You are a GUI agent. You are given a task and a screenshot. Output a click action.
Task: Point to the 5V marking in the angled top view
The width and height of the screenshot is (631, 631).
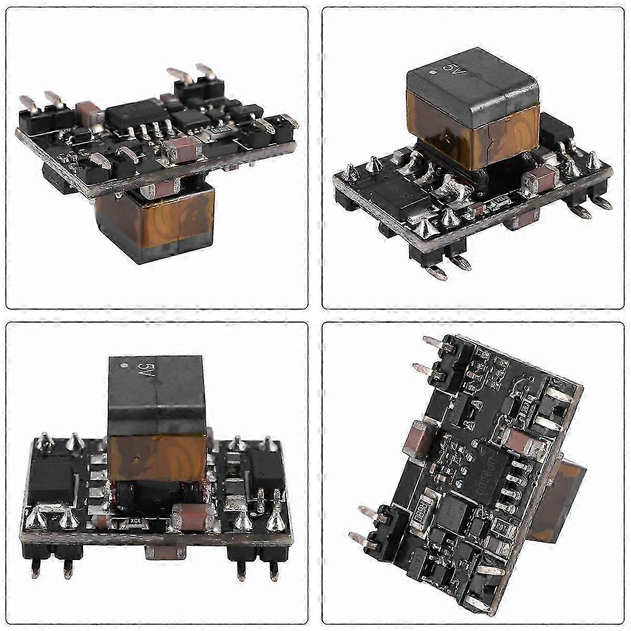click(450, 69)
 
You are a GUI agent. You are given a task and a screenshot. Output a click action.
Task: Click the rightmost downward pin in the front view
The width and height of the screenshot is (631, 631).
click(273, 567)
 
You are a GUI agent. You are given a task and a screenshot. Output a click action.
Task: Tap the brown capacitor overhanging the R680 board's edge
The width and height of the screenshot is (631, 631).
click(415, 436)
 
